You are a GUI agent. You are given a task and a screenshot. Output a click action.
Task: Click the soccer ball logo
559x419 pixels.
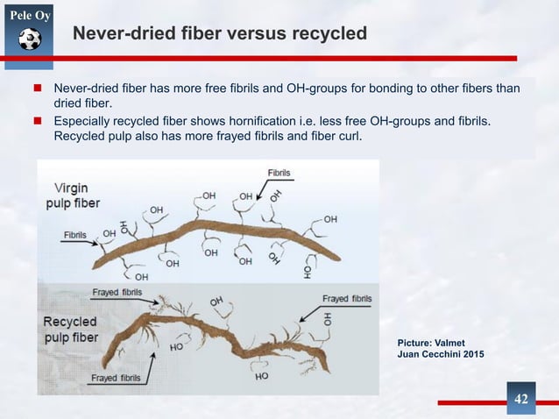coord(29,39)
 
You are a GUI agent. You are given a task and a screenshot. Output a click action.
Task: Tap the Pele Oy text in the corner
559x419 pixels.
coord(29,15)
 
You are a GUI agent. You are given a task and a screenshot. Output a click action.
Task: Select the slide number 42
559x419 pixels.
coord(521,400)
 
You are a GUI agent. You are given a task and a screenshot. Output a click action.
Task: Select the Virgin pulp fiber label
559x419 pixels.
coord(75,195)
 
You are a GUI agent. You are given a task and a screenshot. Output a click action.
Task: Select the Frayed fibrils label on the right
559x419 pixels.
coord(347,299)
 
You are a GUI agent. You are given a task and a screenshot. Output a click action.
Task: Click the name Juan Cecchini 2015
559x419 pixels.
coord(440,352)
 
